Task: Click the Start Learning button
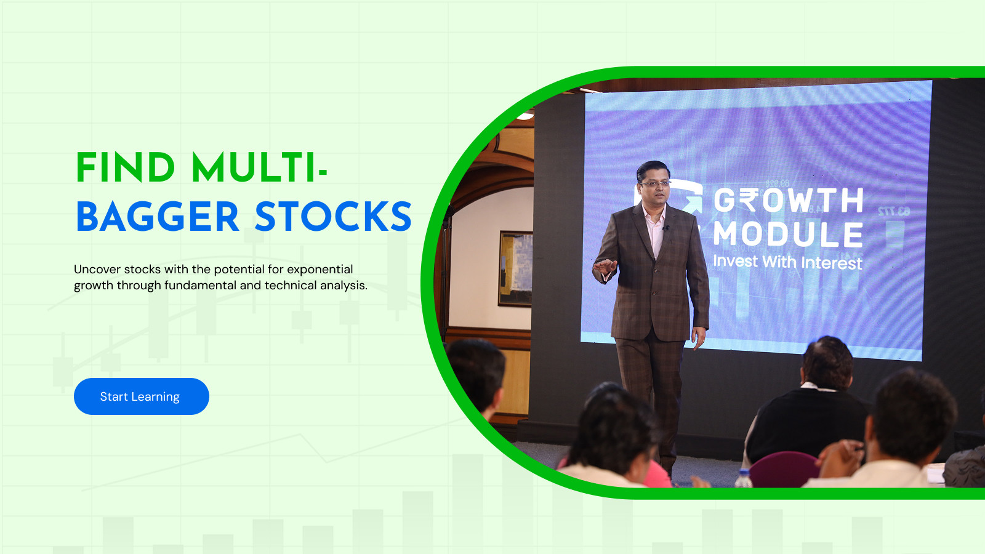tap(141, 396)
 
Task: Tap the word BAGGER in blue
tap(158, 216)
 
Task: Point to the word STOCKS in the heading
tap(333, 216)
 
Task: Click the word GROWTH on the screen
tap(788, 201)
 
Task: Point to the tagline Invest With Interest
tap(787, 262)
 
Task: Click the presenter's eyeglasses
tap(654, 183)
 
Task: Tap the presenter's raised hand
tap(605, 266)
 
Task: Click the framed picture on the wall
tap(515, 268)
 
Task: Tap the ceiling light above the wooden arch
tap(525, 116)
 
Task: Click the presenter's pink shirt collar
tap(655, 214)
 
